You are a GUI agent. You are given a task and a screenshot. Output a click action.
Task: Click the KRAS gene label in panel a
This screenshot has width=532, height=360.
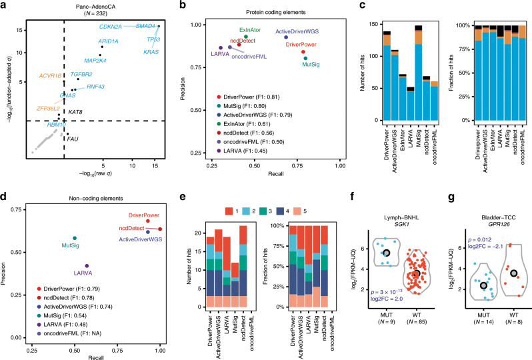[x=152, y=51]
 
